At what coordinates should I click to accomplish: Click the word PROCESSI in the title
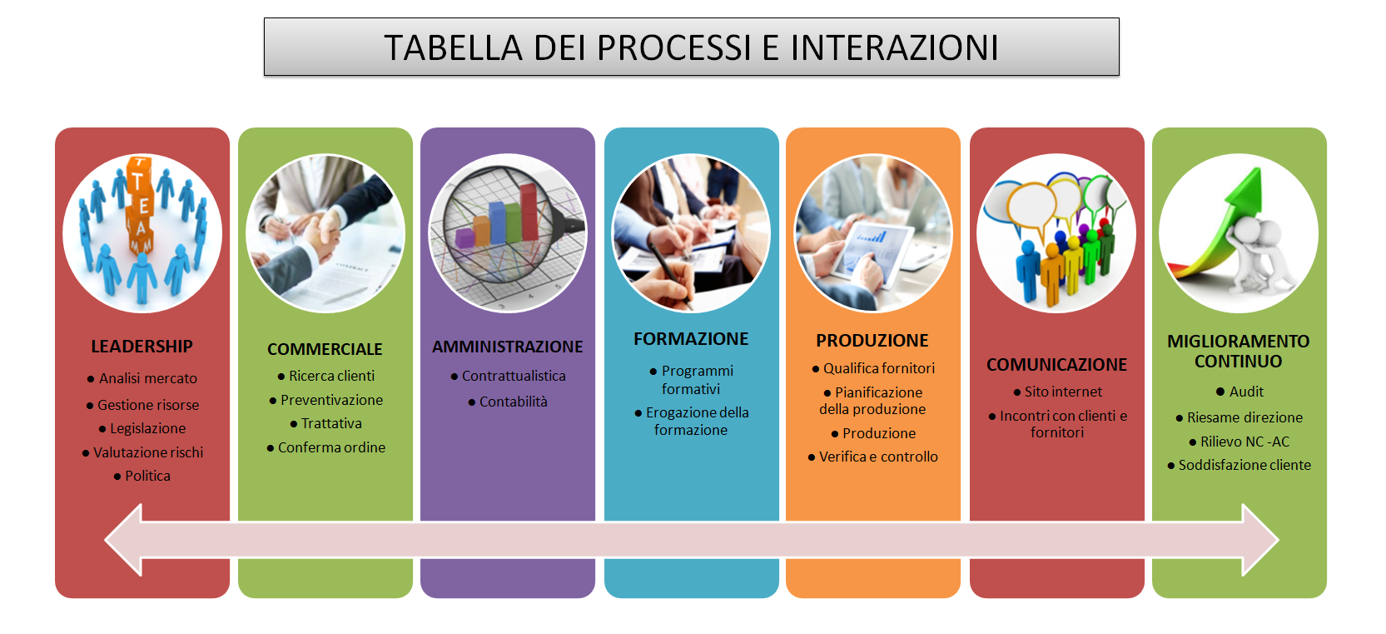click(673, 47)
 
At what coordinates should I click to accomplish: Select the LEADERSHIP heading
click(142, 346)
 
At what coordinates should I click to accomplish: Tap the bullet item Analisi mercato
click(142, 378)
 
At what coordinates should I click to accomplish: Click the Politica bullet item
click(142, 476)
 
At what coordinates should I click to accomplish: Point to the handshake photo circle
click(325, 233)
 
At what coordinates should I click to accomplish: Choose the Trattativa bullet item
click(326, 423)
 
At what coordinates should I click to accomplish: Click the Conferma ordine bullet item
click(326, 447)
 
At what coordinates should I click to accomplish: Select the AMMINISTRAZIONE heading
click(508, 347)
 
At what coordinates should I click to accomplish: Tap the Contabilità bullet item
click(508, 402)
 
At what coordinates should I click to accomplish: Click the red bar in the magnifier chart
click(529, 212)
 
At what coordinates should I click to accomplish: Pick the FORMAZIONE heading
click(691, 339)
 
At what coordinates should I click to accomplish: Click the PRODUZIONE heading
click(872, 341)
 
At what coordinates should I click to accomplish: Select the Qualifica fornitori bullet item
click(873, 368)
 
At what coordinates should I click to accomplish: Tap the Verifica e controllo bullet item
click(873, 457)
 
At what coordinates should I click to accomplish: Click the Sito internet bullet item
click(1057, 392)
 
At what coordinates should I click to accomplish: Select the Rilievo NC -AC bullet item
click(1239, 442)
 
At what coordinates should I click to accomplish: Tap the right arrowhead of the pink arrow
click(1260, 540)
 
